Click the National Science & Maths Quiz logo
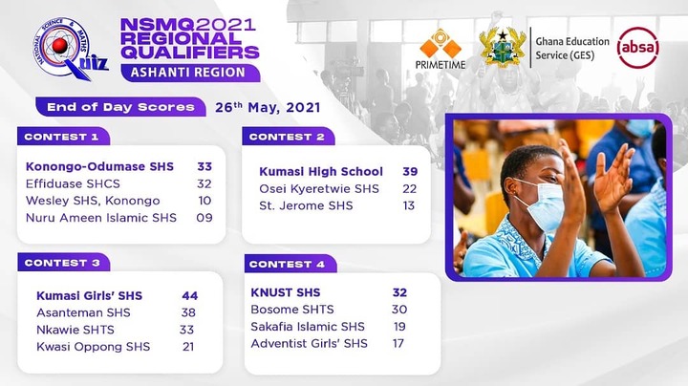click(70, 49)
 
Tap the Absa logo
click(637, 48)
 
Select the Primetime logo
click(441, 49)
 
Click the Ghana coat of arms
click(503, 48)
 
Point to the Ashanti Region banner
click(190, 73)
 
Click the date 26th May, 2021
click(268, 107)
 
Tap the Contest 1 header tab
click(63, 137)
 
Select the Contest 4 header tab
click(290, 264)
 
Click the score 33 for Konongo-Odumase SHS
click(204, 166)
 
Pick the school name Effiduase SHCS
click(73, 183)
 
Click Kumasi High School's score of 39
click(410, 172)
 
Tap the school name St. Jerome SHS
click(306, 205)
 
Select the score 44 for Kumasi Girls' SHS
click(190, 296)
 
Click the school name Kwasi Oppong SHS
click(93, 347)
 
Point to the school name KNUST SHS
click(286, 292)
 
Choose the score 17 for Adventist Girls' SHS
click(398, 343)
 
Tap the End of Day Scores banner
click(120, 107)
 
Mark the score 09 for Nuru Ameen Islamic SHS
click(204, 218)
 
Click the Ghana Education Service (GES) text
click(572, 48)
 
